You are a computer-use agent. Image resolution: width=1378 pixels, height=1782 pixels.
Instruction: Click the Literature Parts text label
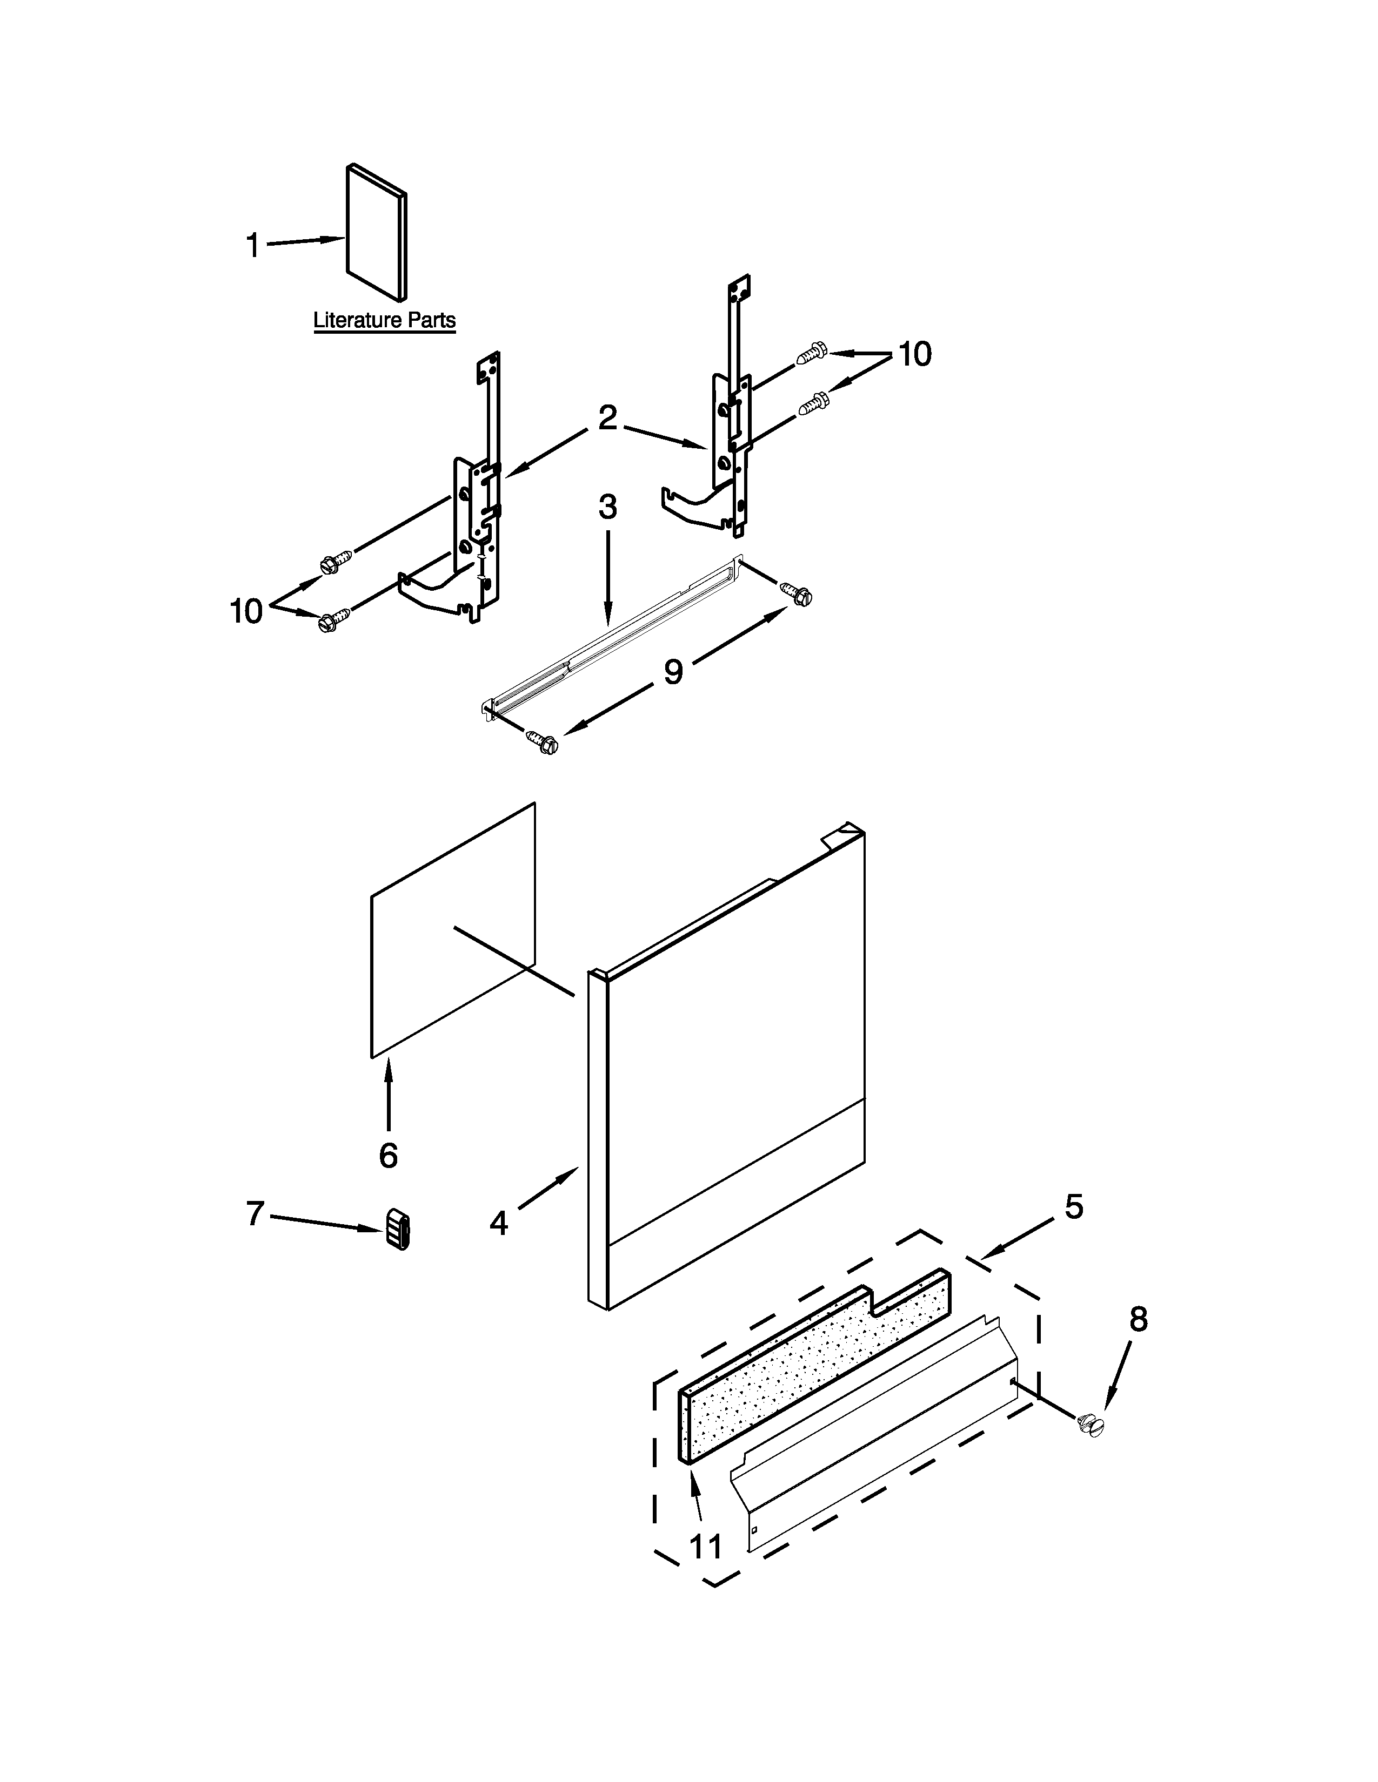pyautogui.click(x=385, y=321)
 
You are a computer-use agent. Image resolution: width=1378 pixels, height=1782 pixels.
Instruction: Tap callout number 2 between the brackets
pyautogui.click(x=607, y=418)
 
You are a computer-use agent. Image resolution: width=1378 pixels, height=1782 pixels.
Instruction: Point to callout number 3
pyautogui.click(x=607, y=508)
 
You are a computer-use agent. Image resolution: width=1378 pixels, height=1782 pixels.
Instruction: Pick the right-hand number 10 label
pyautogui.click(x=914, y=355)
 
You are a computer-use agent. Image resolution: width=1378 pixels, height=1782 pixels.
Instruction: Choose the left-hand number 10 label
pyautogui.click(x=246, y=610)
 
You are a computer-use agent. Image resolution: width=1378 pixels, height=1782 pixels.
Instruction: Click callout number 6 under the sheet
pyautogui.click(x=389, y=1155)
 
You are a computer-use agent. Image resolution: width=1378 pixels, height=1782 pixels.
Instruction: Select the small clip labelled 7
pyautogui.click(x=398, y=1229)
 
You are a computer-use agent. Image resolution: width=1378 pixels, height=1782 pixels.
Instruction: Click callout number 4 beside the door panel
pyautogui.click(x=499, y=1222)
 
